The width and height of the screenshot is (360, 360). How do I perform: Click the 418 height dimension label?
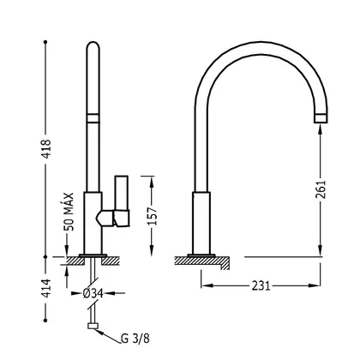click(x=46, y=149)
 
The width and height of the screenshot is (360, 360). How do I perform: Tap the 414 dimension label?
click(x=46, y=288)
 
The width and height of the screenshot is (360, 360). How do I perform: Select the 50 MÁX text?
click(x=69, y=212)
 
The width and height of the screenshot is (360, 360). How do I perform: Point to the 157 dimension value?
click(x=153, y=216)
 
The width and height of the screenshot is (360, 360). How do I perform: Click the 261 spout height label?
click(x=321, y=189)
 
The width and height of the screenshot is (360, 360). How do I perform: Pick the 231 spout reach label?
click(x=261, y=285)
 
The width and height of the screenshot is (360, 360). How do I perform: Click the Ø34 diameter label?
click(x=93, y=293)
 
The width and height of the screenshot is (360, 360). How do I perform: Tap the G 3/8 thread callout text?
click(x=135, y=339)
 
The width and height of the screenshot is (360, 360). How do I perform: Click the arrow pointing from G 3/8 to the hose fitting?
click(x=108, y=336)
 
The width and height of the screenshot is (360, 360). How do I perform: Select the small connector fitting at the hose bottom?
click(x=93, y=326)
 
